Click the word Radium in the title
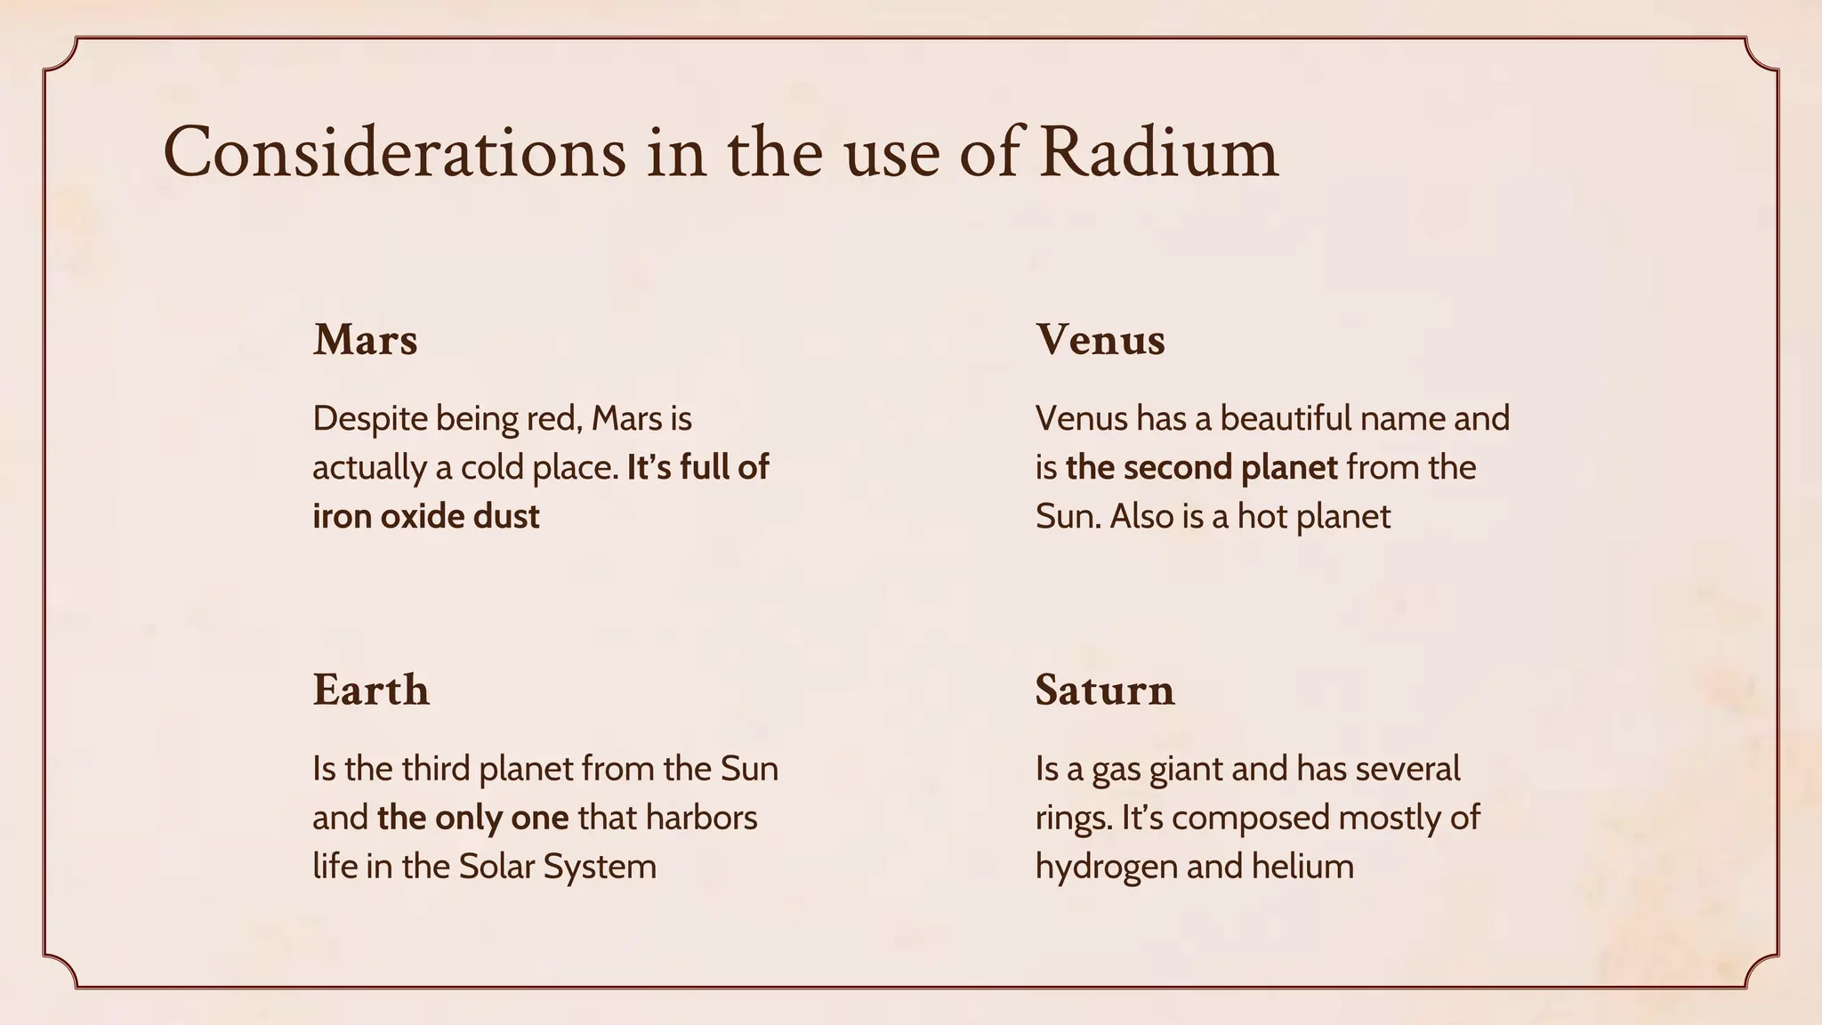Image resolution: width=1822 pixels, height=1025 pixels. pyautogui.click(x=1158, y=152)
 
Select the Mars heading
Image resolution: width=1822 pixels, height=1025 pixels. pyautogui.click(x=365, y=340)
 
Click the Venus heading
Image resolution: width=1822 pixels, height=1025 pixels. pyautogui.click(x=1100, y=340)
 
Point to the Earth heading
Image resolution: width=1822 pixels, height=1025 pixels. pyautogui.click(x=371, y=690)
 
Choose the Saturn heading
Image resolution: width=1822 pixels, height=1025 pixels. pyautogui.click(x=1104, y=690)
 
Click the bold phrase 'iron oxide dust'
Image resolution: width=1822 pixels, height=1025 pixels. pyautogui.click(x=425, y=517)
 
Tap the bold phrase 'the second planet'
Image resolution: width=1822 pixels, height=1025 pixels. pyautogui.click(x=1201, y=468)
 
